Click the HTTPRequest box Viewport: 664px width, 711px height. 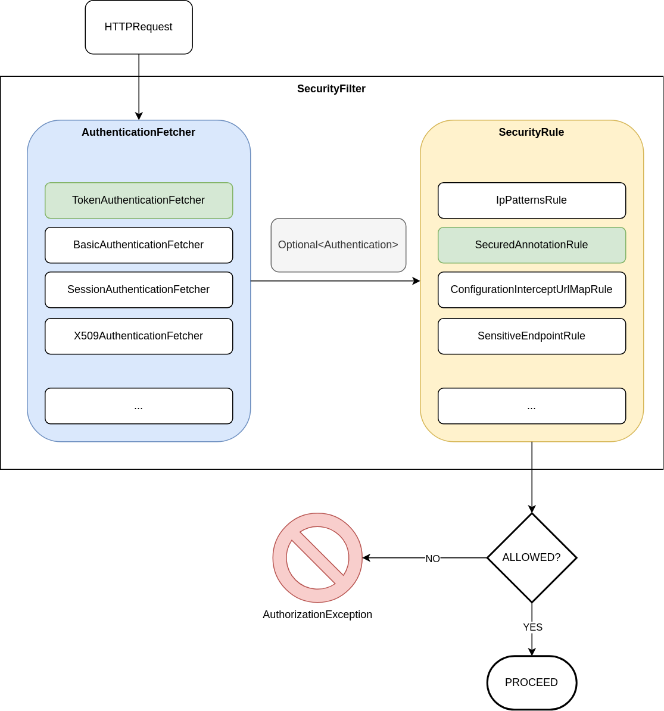tap(139, 27)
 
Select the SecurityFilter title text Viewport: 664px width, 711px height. tap(331, 89)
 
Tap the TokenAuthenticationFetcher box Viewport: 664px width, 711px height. tap(139, 201)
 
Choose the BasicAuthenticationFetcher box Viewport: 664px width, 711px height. tap(139, 245)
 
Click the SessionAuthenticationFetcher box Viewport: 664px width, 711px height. tap(139, 290)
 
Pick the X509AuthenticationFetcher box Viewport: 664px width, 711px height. tap(139, 336)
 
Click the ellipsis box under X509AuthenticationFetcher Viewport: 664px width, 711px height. tap(139, 406)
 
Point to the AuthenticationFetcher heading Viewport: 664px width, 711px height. tap(138, 132)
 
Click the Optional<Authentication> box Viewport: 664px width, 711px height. tap(338, 245)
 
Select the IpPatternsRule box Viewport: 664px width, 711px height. tap(532, 201)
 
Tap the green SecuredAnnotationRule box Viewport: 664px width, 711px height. tap(532, 245)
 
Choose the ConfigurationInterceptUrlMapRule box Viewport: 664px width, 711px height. tap(532, 290)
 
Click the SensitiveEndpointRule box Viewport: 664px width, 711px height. tap(532, 336)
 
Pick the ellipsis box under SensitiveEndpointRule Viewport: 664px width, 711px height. tap(532, 406)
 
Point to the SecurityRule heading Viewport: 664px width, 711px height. tap(531, 132)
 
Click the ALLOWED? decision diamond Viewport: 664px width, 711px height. tap(532, 558)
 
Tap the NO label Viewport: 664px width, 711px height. tap(432, 559)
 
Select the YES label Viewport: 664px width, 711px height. tap(532, 627)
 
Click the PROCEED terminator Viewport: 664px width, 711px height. tap(532, 683)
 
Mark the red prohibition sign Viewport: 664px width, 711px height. tap(317, 558)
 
